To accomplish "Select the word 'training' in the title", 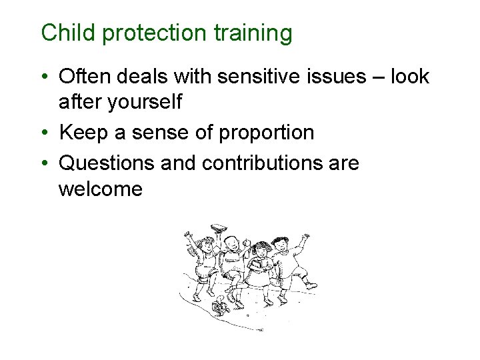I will click(x=253, y=33).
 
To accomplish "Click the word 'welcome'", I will click(x=100, y=189).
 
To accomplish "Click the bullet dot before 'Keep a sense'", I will click(x=47, y=133).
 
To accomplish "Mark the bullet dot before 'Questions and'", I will click(x=47, y=162).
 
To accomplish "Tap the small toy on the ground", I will click(x=220, y=307).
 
